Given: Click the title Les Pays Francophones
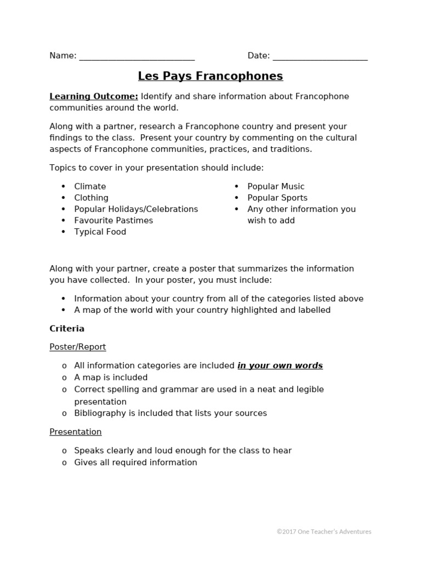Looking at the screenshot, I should [210, 76].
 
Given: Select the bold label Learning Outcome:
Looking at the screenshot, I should [94, 96].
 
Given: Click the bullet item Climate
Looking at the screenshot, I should [90, 186].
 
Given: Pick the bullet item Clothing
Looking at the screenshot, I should [91, 198].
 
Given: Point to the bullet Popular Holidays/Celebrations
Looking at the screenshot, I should [136, 209].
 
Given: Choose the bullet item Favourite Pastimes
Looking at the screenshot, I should [113, 220].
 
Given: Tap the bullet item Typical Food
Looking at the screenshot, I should [100, 232].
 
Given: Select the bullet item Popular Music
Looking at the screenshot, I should [276, 186].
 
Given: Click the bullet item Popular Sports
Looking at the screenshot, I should [277, 198].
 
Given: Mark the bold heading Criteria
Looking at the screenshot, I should [67, 329].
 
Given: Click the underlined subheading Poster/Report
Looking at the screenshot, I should [78, 347].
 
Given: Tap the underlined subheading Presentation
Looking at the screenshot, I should [76, 432].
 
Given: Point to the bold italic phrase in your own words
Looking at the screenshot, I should [280, 365].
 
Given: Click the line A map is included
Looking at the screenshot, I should [111, 377].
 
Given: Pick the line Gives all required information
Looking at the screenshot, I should [135, 462].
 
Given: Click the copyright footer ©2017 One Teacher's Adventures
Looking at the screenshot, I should [324, 531].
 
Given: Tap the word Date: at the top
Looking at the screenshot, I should [258, 56].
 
